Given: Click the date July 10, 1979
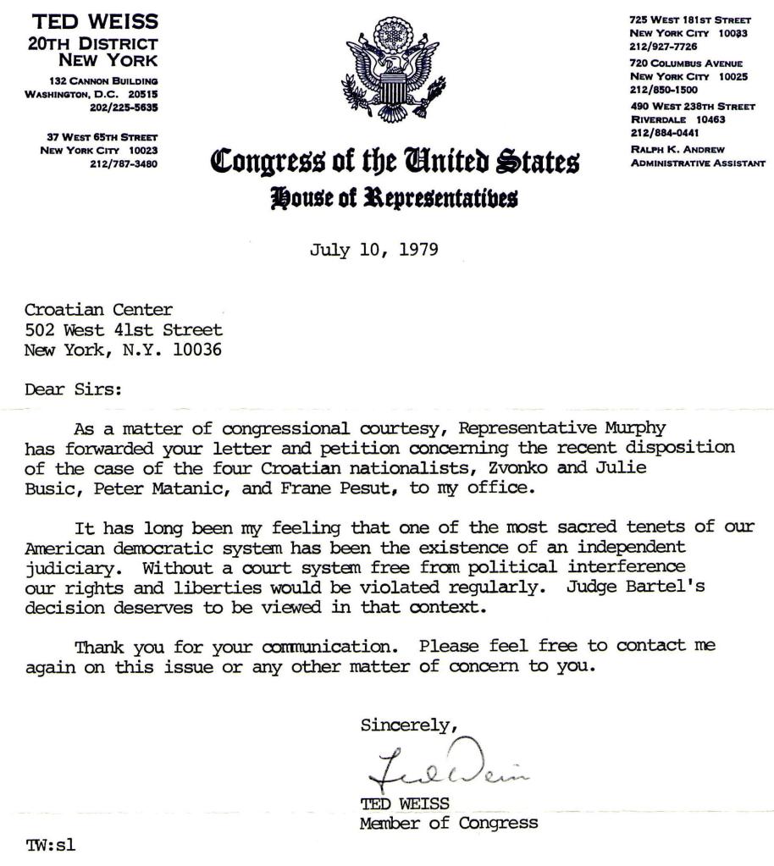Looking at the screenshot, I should pyautogui.click(x=373, y=251).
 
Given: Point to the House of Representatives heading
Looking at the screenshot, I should pyautogui.click(x=394, y=198).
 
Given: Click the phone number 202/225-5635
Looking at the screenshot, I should pyautogui.click(x=124, y=108).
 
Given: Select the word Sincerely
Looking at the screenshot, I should pyautogui.click(x=409, y=725).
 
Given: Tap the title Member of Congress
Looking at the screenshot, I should pyautogui.click(x=449, y=822).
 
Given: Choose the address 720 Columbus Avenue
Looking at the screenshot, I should pyautogui.click(x=686, y=63).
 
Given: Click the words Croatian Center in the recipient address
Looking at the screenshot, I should pyautogui.click(x=89, y=310).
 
